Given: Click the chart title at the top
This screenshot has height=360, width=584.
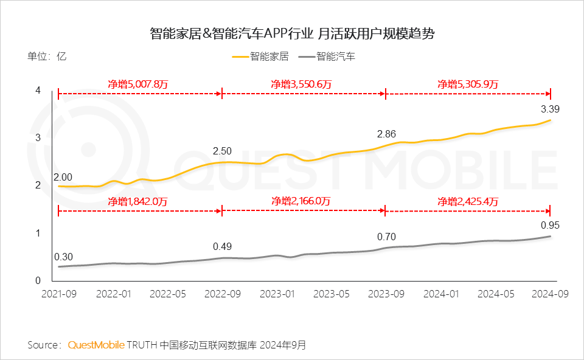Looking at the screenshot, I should coord(292,33).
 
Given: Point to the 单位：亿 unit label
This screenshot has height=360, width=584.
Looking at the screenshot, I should coord(47,57).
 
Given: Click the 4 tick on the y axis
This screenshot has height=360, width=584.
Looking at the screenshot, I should coord(38,91).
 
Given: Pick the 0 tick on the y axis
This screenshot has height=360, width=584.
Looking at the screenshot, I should coord(38,280).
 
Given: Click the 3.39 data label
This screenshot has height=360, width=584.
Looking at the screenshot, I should coord(550,109).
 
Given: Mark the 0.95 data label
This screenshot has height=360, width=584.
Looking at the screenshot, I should coord(549,225).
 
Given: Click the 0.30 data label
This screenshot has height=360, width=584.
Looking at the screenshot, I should coord(63,256).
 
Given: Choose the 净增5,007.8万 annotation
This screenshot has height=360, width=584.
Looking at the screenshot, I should coord(138,85).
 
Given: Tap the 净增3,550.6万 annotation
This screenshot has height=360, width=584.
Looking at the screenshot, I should coord(301,85).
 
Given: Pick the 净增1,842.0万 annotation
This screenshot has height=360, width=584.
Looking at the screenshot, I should coord(138,201).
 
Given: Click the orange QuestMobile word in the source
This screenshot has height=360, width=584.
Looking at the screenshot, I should coord(96,345).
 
